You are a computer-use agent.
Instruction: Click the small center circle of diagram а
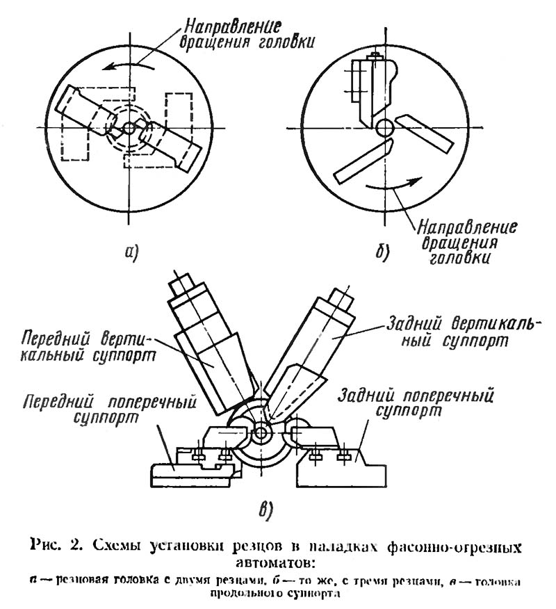[x=129, y=127]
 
